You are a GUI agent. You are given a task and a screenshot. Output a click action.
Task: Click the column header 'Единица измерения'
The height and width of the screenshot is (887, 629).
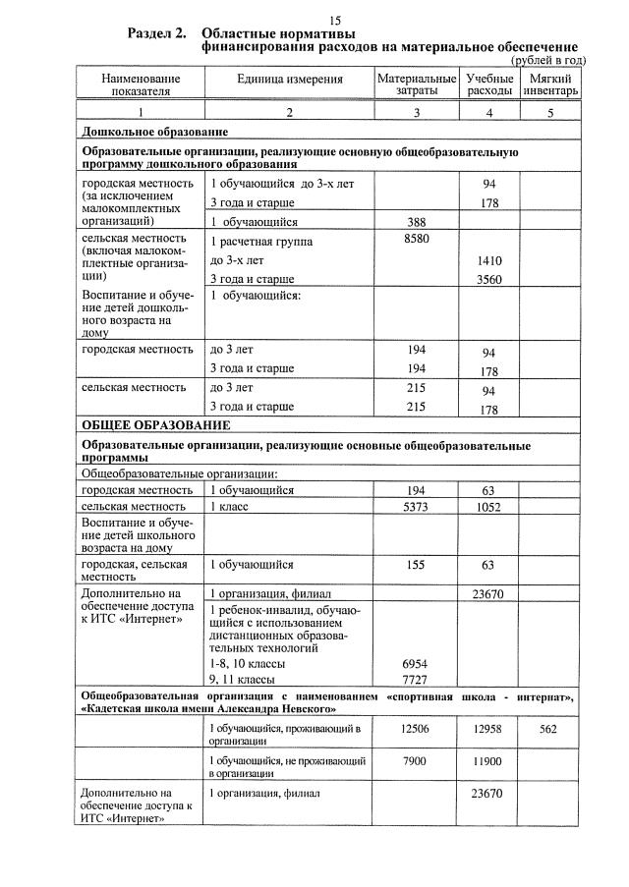289,78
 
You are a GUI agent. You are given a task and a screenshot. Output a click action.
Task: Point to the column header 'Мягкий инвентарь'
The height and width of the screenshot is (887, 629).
550,84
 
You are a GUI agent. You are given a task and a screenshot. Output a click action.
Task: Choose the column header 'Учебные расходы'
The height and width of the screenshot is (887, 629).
488,84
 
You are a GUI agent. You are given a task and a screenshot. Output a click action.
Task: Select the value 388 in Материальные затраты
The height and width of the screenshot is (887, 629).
416,222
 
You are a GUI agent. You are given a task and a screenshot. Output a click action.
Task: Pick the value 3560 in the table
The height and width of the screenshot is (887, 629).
488,280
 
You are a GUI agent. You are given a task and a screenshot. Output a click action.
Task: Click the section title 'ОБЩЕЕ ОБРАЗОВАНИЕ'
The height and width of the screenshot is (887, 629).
155,425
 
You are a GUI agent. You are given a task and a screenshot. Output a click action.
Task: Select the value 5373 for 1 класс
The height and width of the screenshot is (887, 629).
416,507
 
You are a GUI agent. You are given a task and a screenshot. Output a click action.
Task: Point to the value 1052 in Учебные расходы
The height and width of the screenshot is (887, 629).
488,507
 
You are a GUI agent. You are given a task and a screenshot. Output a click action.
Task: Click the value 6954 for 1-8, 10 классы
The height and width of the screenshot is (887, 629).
416,664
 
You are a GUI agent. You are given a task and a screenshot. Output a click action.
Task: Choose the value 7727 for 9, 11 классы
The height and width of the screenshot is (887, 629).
416,680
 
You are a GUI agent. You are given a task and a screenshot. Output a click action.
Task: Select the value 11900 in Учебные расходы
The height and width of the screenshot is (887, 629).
488,761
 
